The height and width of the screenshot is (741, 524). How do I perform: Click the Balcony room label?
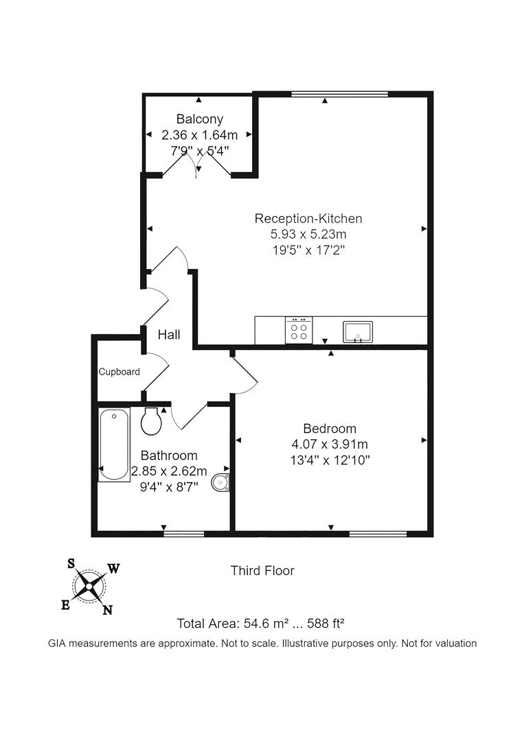199,119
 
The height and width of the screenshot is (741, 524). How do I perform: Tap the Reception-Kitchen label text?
308,219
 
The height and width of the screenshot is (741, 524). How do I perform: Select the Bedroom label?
330,429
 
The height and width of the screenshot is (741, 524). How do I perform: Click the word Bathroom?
169,456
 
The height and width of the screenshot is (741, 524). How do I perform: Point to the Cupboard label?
119,372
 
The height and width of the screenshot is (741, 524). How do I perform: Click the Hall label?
169,335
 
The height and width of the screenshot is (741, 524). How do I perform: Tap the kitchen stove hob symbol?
299,329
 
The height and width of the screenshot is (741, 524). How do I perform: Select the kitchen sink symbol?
357,331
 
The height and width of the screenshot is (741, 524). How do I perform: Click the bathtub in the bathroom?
113,445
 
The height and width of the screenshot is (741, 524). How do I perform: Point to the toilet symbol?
152,420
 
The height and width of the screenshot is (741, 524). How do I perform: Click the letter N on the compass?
107,610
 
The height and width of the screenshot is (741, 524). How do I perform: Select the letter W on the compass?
115,568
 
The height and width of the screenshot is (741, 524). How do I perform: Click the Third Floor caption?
262,570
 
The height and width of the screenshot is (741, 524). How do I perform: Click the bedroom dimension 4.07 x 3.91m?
330,444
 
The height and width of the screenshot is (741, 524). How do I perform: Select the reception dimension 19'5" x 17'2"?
308,250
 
